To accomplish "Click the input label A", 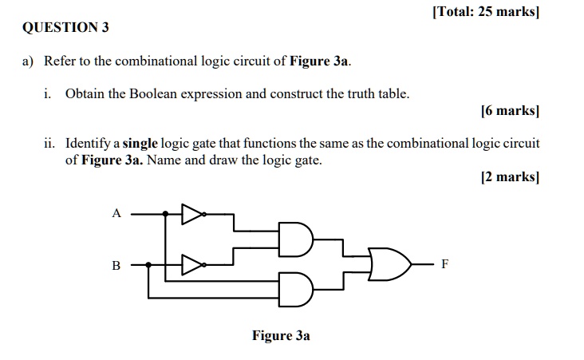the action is (x=116, y=213).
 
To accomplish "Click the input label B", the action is (x=116, y=265).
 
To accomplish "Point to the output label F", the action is (x=445, y=264).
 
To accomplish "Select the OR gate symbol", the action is (x=389, y=264).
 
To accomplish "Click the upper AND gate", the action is (x=296, y=239).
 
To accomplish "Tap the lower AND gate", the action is (x=296, y=290).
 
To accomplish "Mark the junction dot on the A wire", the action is (x=165, y=214).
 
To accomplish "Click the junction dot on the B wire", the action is (x=148, y=265).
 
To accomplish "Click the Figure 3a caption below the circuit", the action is (x=281, y=335).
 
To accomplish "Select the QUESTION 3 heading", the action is (x=65, y=27).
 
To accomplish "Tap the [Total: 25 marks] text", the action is (x=486, y=11).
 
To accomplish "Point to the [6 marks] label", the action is (x=510, y=111).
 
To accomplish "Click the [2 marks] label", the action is (x=510, y=176).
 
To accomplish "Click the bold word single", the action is (x=140, y=144).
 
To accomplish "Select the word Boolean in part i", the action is (x=153, y=94).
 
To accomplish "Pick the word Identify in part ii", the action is (x=88, y=144).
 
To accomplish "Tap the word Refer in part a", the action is (x=60, y=61).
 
